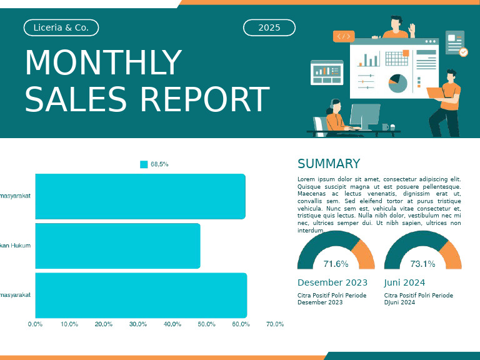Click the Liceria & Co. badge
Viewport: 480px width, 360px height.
pos(61,27)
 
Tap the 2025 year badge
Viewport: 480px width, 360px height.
pos(269,27)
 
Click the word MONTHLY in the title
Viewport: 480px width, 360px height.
pos(103,63)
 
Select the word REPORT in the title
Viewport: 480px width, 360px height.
pos(204,100)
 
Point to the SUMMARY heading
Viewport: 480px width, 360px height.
pos(329,164)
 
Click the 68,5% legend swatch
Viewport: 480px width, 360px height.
pos(144,164)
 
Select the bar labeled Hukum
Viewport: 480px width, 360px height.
pos(117,246)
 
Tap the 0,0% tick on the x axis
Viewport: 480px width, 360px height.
pos(35,324)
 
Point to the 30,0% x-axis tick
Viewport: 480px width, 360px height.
pos(138,324)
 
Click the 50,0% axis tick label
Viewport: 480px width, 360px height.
pos(207,324)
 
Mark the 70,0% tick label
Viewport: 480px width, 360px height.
pos(275,324)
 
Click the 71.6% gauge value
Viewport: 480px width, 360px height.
pos(336,264)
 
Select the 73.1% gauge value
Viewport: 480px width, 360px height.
pos(422,264)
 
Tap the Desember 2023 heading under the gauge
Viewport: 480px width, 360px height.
pos(332,282)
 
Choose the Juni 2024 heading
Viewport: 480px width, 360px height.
pos(404,282)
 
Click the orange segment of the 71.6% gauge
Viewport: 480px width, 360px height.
pos(364,254)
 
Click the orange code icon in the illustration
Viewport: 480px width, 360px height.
pos(344,36)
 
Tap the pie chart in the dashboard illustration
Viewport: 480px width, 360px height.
pos(397,82)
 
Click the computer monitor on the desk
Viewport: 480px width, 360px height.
pos(364,116)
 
